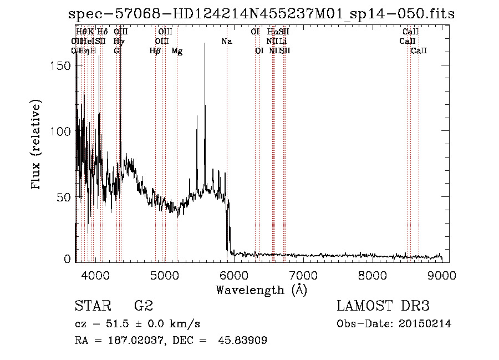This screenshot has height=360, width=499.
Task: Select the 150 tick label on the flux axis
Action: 60,65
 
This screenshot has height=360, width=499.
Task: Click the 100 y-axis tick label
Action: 60,131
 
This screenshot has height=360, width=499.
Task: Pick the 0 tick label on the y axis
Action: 68,258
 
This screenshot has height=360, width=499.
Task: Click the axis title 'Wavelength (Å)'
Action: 261,290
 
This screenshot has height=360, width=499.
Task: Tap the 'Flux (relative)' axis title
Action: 37,146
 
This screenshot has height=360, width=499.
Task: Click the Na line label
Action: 226,42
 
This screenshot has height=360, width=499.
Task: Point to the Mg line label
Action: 177,51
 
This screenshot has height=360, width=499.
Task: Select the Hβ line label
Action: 155,51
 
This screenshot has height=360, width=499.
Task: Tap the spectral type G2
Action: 143,306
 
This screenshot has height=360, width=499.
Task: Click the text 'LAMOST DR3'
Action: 383,306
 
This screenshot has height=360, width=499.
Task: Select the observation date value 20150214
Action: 426,324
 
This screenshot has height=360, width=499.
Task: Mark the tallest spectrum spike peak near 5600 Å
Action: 205,44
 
